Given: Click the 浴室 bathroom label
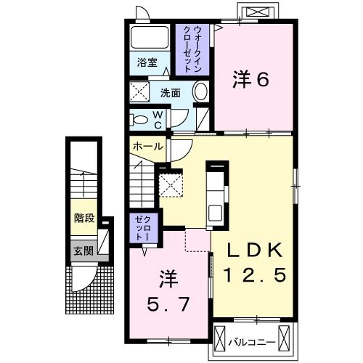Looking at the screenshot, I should (148, 62).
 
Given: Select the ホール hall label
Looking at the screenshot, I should (148, 146).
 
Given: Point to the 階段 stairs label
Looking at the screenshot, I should (84, 218).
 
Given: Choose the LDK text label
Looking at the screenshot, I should (253, 250).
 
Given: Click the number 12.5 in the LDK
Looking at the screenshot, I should (253, 274).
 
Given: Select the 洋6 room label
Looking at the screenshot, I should (252, 78).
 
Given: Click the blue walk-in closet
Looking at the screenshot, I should (192, 46).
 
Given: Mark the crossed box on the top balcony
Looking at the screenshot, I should (258, 12).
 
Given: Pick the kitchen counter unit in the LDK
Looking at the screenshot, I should (216, 194).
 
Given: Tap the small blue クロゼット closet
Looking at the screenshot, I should (140, 228).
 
